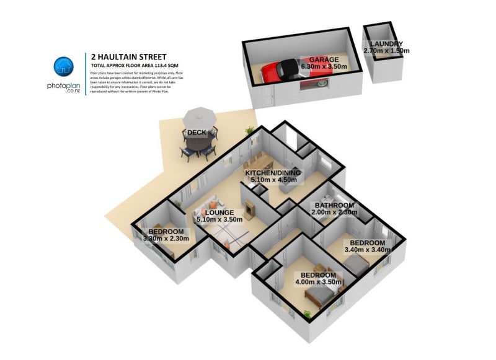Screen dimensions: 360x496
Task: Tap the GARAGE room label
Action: [324, 59]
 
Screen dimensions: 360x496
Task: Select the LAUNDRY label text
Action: [387, 44]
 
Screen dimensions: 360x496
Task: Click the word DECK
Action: [197, 132]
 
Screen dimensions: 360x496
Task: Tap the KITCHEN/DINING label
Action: [273, 173]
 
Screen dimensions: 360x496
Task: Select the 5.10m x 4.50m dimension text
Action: [273, 180]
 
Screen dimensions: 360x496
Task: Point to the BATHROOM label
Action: [334, 205]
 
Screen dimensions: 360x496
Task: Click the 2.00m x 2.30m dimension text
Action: [334, 213]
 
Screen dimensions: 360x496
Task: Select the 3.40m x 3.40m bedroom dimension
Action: [370, 250]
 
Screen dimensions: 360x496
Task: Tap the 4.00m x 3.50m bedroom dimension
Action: [318, 282]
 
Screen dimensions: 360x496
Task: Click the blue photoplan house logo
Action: [64, 66]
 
